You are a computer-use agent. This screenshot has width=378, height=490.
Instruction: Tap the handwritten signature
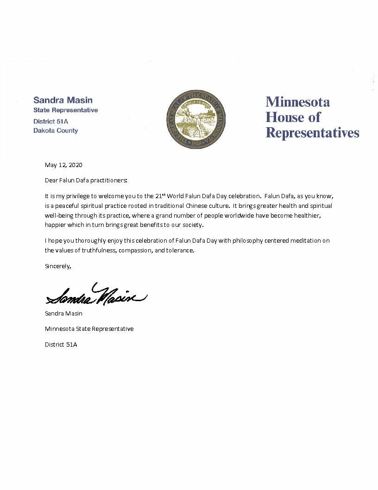[96, 295]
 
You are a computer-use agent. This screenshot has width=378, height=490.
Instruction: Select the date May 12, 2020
[63, 165]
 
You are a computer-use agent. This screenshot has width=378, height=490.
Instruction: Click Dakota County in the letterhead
[56, 131]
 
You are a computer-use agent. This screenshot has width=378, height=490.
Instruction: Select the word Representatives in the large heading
[312, 133]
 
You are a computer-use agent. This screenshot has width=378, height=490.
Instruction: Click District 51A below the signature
[61, 345]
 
